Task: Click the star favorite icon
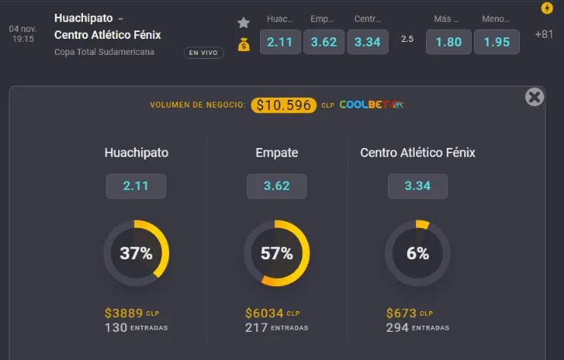pos(244,22)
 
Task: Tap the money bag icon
pos(244,44)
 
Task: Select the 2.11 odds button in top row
pos(280,42)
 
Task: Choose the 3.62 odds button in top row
pos(324,42)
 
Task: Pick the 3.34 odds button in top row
pos(367,42)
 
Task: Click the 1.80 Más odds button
pos(448,42)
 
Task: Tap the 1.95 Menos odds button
pos(497,42)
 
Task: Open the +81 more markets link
pos(544,34)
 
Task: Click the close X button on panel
pos(534,97)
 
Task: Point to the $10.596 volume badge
pos(284,105)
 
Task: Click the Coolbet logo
pos(372,105)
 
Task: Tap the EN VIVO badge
pos(203,53)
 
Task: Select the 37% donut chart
pos(136,253)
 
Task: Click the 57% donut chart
pos(277,253)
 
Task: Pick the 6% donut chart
pos(418,253)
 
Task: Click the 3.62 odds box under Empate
pos(277,186)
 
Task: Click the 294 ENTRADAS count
pos(418,327)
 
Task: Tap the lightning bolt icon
pos(546,8)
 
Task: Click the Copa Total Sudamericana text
pos(104,52)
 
